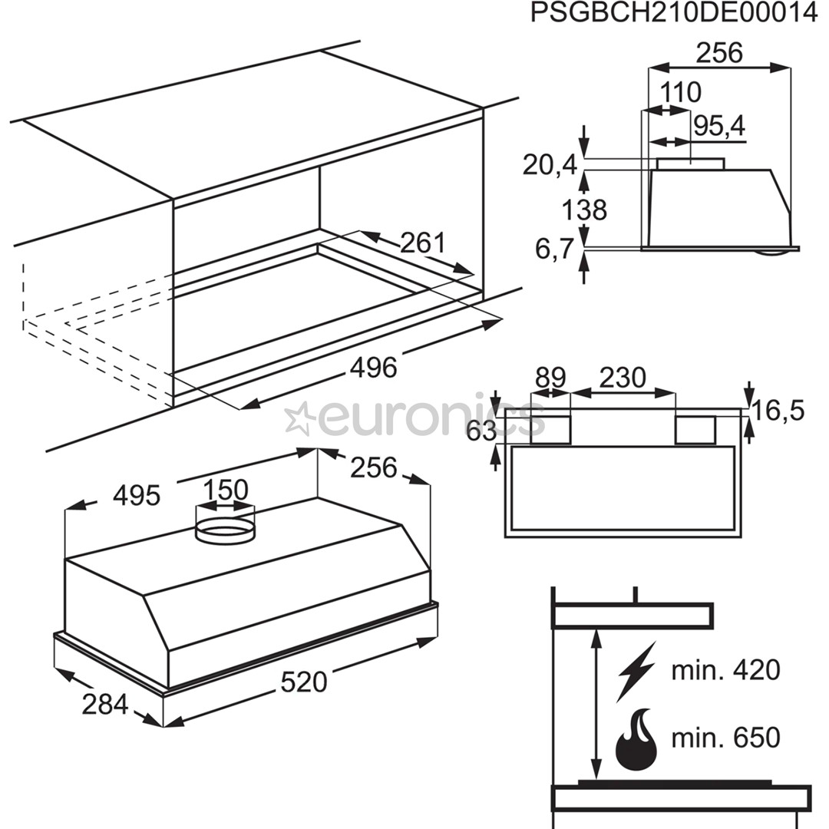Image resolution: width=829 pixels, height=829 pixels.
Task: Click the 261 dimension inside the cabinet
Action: click(422, 243)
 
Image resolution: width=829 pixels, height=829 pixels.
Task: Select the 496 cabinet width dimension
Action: click(373, 368)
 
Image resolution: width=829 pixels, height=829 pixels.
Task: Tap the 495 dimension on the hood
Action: click(137, 495)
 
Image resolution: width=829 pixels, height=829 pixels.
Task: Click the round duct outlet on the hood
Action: click(225, 530)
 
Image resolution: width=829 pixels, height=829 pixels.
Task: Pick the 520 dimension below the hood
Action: click(304, 682)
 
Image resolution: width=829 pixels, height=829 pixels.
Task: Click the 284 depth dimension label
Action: click(104, 702)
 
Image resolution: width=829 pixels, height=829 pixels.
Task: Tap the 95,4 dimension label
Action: click(719, 127)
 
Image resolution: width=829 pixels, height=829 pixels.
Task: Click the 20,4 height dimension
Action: click(549, 164)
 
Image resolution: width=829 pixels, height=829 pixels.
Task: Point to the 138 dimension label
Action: click(584, 209)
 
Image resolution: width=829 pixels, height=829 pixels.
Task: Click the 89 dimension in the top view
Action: click(550, 378)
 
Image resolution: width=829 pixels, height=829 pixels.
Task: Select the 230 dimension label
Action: click(623, 378)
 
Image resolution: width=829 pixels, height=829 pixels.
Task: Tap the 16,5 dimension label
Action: click(778, 411)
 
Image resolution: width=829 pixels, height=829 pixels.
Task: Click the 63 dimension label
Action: click(481, 431)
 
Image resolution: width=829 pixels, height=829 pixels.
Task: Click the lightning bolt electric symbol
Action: click(636, 671)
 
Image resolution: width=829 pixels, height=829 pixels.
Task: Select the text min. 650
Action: click(725, 738)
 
